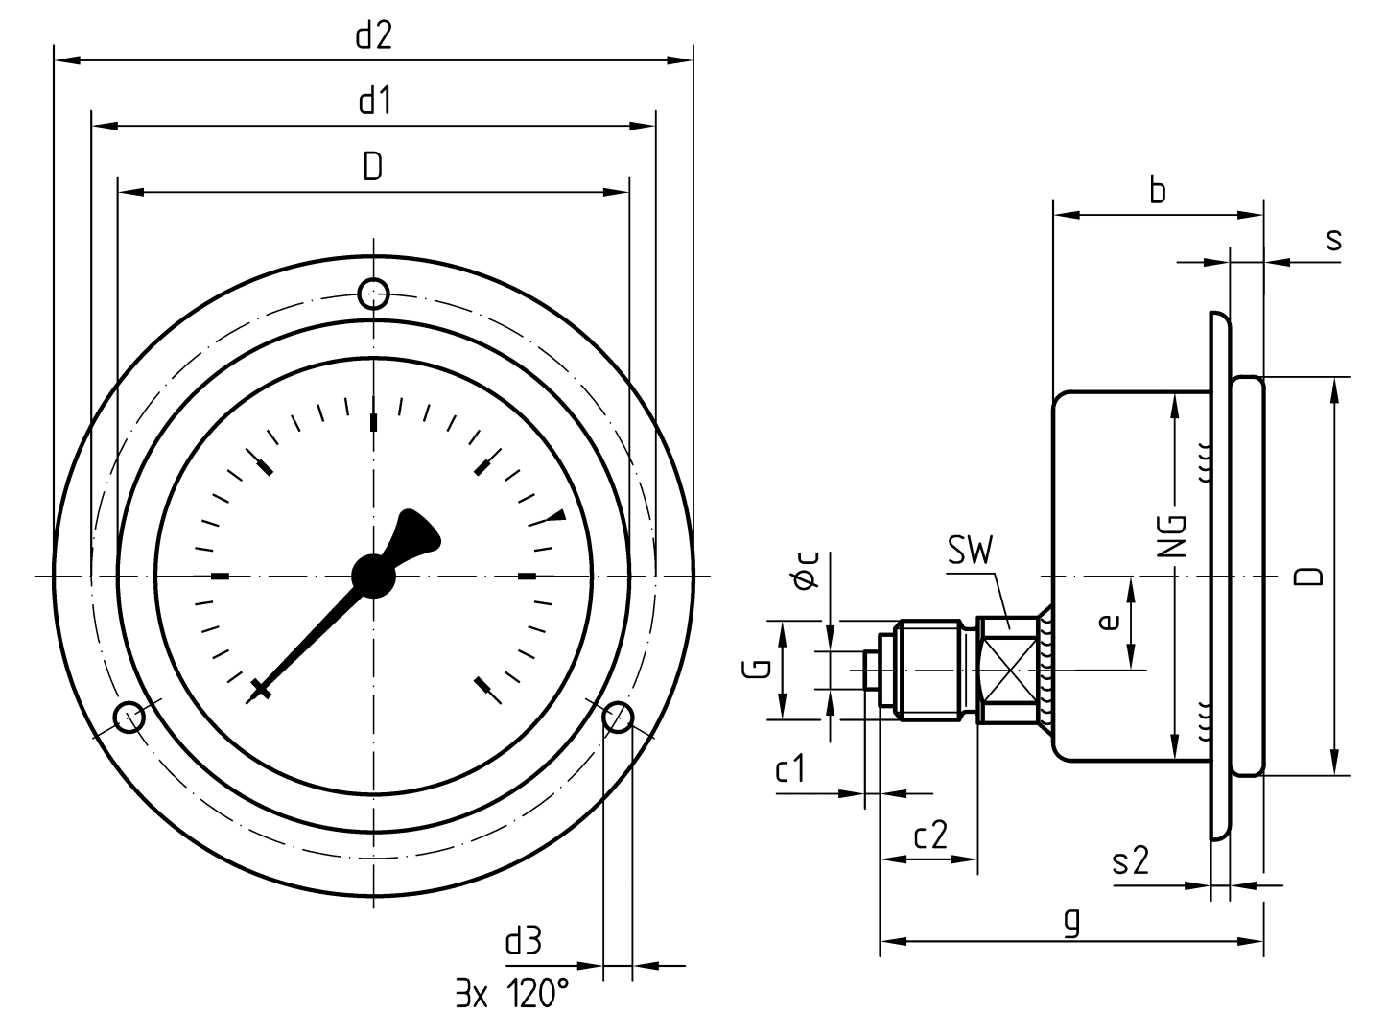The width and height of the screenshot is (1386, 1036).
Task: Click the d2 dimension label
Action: [374, 36]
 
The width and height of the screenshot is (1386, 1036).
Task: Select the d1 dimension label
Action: [374, 101]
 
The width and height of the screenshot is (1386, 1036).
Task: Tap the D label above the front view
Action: [373, 167]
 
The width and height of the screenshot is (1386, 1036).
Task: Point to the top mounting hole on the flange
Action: [373, 293]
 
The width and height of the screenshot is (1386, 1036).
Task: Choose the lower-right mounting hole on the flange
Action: [618, 716]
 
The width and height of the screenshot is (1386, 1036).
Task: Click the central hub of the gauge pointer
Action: [373, 575]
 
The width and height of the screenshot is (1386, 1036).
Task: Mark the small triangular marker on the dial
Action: [556, 517]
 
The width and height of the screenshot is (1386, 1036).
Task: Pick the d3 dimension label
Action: [523, 941]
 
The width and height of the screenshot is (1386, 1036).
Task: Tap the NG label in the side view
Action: [1172, 537]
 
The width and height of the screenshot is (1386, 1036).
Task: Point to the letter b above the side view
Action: [1158, 191]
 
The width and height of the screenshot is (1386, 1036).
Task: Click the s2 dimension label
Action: [1131, 862]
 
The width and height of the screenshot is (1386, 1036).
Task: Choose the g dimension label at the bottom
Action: [1071, 922]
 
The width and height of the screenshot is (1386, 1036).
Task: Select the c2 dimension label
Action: [929, 836]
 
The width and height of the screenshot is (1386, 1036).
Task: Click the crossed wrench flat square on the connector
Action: [1007, 670]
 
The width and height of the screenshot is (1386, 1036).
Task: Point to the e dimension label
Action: [1109, 623]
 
